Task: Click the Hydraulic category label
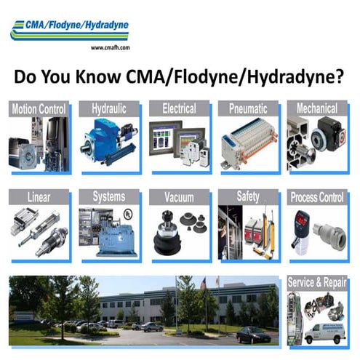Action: pos(108,109)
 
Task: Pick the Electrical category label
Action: pos(179,109)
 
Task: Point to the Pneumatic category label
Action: pos(248,109)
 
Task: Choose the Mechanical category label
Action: pos(316,109)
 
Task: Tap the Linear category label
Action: pos(39,197)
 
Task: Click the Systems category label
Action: pos(108,197)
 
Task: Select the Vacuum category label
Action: pos(179,197)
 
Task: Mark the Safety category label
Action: pos(248,197)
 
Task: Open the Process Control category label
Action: pos(316,197)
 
